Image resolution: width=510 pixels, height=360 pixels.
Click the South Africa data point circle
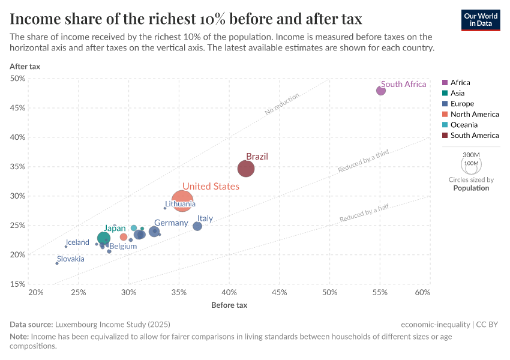pyautogui.click(x=381, y=91)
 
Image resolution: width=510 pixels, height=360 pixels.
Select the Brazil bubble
pyautogui.click(x=246, y=169)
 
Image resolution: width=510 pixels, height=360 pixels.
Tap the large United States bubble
pyautogui.click(x=182, y=200)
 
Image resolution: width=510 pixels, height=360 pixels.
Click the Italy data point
pyautogui.click(x=197, y=226)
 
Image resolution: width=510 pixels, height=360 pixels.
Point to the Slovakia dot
pyautogui.click(x=57, y=263)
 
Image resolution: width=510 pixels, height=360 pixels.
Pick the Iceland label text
pyautogui.click(x=77, y=242)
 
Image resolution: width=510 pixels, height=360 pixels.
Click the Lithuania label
pyautogui.click(x=180, y=204)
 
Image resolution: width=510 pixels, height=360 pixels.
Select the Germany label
pyautogui.click(x=171, y=223)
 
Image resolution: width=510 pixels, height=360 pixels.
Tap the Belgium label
pyautogui.click(x=123, y=246)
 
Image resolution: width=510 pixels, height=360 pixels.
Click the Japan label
pyautogui.click(x=114, y=229)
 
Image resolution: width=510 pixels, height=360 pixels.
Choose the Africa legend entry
pyautogui.click(x=460, y=83)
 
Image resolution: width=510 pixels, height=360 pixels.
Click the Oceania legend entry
pyautogui.click(x=464, y=125)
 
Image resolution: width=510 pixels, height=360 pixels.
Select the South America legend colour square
pyautogui.click(x=445, y=136)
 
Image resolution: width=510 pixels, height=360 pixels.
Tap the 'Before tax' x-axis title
pyautogui.click(x=229, y=305)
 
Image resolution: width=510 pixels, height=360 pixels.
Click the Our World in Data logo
pyautogui.click(x=481, y=20)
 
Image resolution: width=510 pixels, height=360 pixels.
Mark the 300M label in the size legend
pyautogui.click(x=472, y=155)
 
